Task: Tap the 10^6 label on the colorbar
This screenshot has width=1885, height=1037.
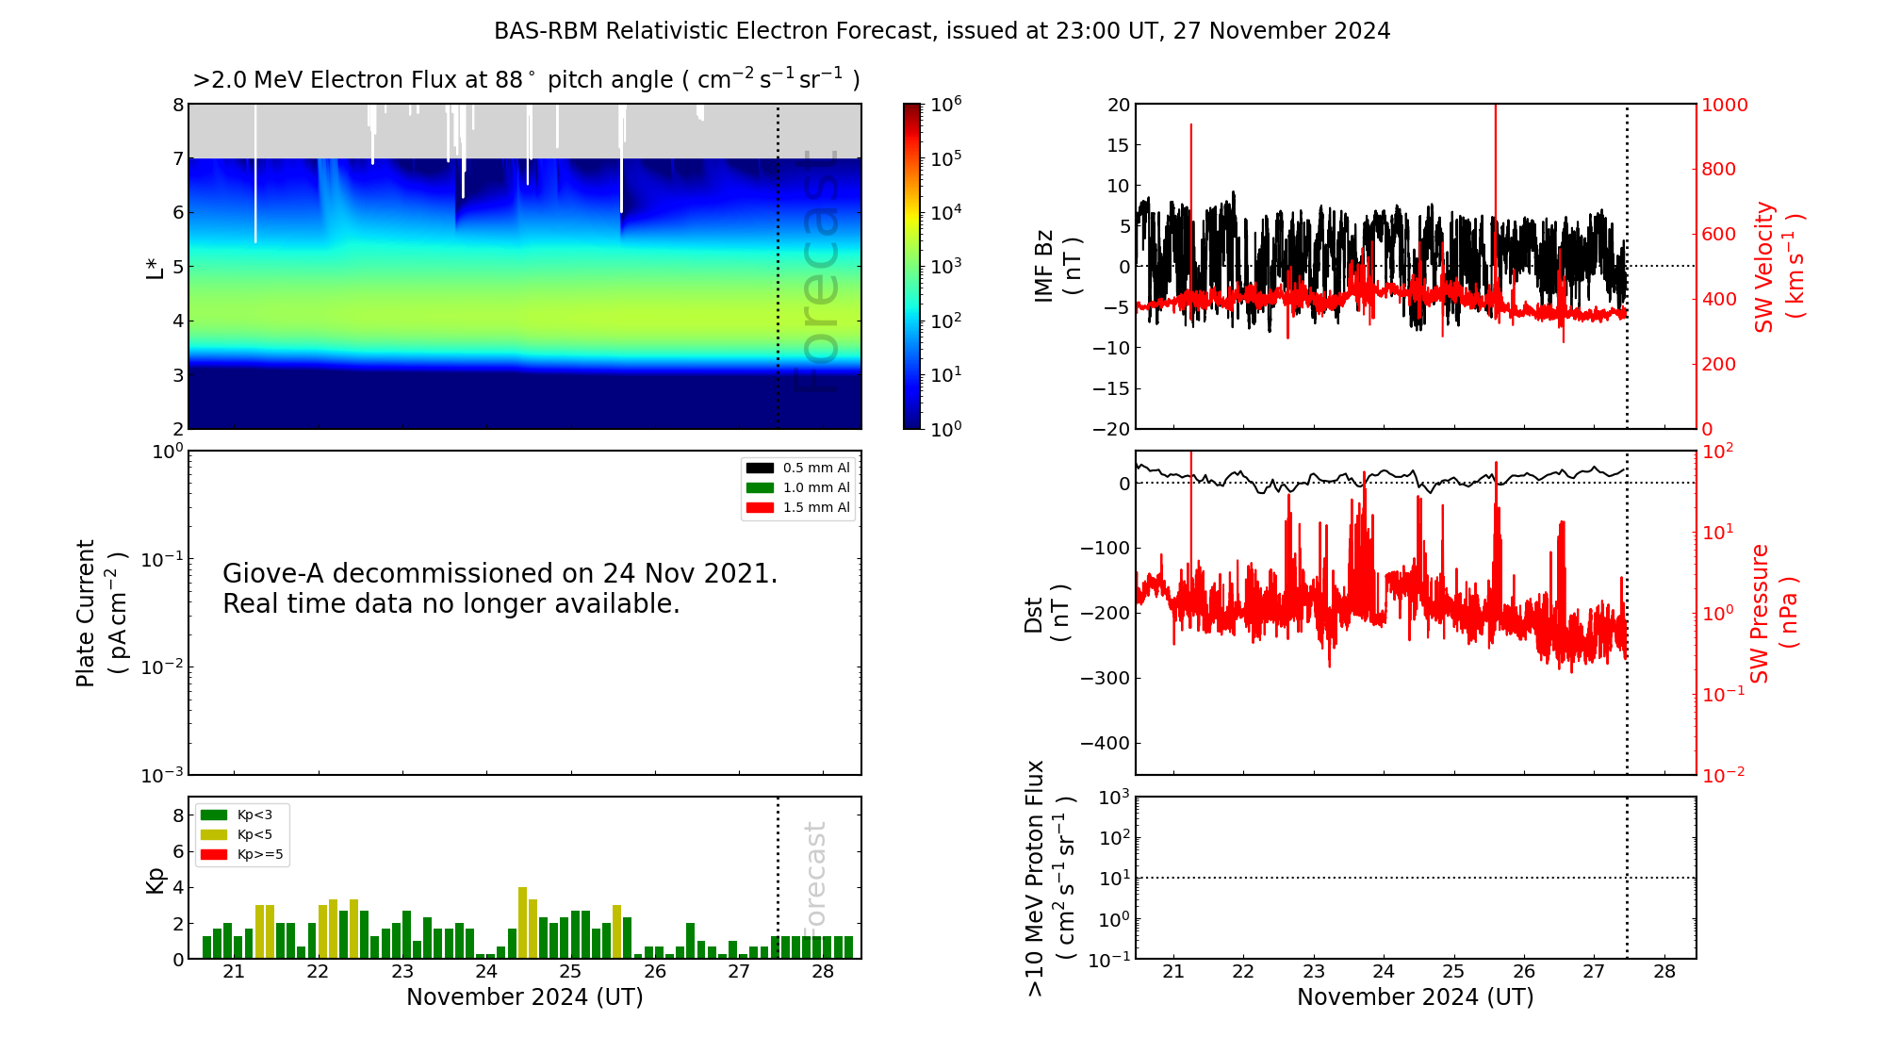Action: tap(945, 105)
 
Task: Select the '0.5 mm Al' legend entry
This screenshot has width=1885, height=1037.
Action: tap(815, 468)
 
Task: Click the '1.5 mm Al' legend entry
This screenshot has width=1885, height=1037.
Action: tap(815, 507)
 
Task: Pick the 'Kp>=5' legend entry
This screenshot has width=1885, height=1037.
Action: tap(259, 854)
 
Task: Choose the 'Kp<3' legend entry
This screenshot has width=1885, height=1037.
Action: tap(254, 815)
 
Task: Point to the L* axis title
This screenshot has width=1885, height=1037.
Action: tap(155, 267)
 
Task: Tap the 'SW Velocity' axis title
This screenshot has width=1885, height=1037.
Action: tap(1764, 267)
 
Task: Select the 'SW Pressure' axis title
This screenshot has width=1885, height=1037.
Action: tap(1760, 613)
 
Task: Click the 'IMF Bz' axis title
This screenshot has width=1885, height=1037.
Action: tap(1043, 267)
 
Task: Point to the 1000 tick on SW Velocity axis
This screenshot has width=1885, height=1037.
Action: tap(1724, 105)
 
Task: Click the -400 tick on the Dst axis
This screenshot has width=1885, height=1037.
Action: tap(1105, 743)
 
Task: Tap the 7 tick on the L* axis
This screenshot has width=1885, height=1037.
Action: tap(177, 158)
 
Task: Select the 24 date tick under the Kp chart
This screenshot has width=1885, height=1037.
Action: tap(486, 971)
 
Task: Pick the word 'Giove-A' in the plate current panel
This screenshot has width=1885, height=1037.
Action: tap(273, 573)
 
